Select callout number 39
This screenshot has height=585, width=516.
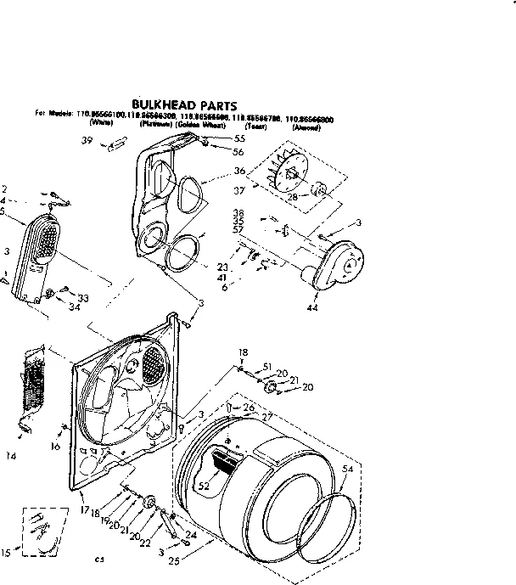click(x=87, y=141)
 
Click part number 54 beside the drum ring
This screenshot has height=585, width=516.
click(x=346, y=469)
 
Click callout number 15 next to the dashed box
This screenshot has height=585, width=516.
click(x=6, y=553)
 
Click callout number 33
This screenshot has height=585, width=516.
click(x=83, y=297)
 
